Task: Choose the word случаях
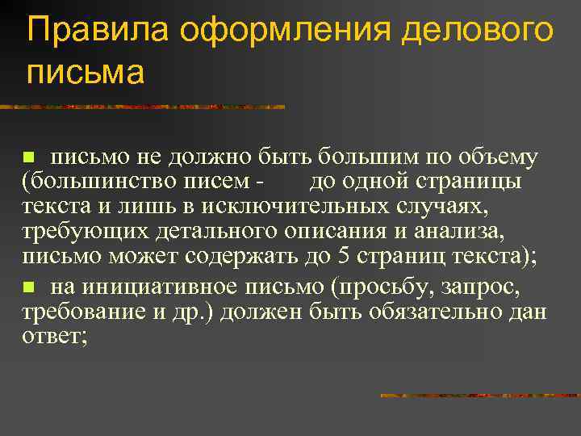pos(449,208)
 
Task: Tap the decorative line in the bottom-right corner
pos(479,396)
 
